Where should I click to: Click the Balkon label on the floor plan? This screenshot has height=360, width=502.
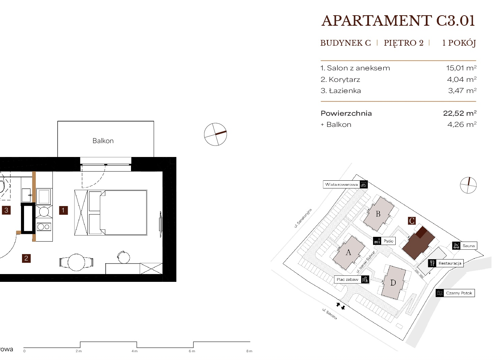point(103,141)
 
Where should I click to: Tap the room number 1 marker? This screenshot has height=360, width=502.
point(63,210)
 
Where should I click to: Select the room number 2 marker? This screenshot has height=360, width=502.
point(26,258)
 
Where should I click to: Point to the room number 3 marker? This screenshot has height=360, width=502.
point(6,210)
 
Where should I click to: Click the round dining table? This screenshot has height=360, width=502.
point(76,262)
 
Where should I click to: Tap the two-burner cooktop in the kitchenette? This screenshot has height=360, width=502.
point(44,227)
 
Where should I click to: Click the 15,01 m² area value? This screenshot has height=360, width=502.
point(461,68)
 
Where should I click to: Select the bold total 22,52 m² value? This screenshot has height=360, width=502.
point(460,113)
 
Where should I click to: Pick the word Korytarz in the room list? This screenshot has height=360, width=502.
point(345,79)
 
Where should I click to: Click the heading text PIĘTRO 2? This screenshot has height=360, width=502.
point(403,43)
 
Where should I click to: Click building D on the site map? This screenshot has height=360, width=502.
point(393,283)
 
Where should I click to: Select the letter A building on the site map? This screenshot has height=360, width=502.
point(348,253)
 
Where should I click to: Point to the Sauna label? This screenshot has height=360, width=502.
point(468,246)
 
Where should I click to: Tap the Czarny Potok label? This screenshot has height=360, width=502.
point(459,293)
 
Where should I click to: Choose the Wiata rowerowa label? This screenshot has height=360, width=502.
point(341,185)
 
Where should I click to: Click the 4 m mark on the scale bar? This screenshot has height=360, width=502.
point(134,351)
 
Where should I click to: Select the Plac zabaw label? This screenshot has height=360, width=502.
point(348,279)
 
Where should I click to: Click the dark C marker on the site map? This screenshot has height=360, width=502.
point(412,221)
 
